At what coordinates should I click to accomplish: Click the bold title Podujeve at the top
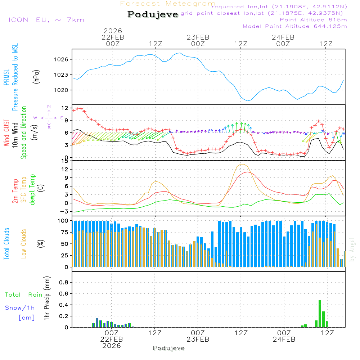pos(153,14)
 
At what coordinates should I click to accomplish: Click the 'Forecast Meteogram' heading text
pos(168,4)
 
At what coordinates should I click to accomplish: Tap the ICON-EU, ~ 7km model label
pos(46,20)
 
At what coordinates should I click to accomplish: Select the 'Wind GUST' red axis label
pos(6,133)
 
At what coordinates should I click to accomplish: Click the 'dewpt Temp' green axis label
pos(32,190)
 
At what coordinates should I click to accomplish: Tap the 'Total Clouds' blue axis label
pos(6,244)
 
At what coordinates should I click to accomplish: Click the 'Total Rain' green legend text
pos(24,294)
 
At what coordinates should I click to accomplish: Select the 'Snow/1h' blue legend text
pos(20,308)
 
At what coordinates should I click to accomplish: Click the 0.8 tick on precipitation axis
pos(64,282)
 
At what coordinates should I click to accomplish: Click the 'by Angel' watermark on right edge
pos(352,254)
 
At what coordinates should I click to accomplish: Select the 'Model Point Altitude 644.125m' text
pos(295,26)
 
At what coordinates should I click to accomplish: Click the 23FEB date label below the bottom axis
pos(198,339)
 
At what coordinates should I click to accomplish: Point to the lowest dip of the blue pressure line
pos(248,100)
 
